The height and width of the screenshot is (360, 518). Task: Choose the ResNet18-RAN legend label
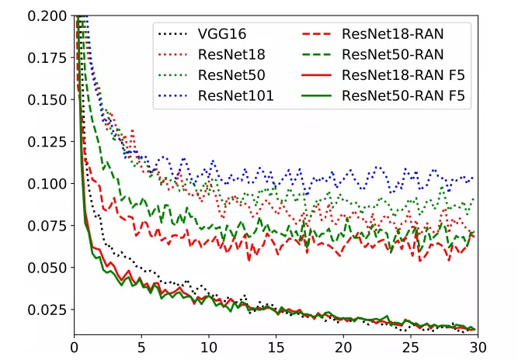point(392,35)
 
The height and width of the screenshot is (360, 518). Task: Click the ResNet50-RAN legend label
point(392,55)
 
